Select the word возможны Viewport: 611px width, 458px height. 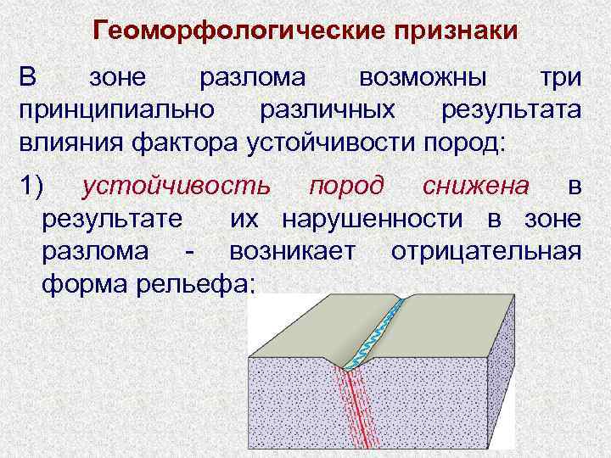pyautogui.click(x=422, y=79)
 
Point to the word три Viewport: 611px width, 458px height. pyautogui.click(x=561, y=79)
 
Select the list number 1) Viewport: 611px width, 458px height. pyautogui.click(x=36, y=186)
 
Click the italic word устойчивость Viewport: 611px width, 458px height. pyautogui.click(x=177, y=186)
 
